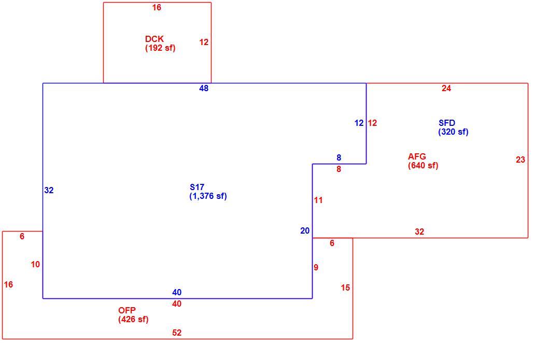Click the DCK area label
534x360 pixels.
[x=154, y=39]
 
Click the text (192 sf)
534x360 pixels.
[x=160, y=48]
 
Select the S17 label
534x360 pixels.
[x=197, y=187]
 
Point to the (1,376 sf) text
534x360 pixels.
[x=208, y=196]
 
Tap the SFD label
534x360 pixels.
[x=447, y=123]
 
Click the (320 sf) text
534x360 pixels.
[x=453, y=132]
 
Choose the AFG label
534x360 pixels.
[x=417, y=156]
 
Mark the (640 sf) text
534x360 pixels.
[x=423, y=165]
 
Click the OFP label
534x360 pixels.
[x=127, y=310]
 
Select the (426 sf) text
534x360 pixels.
[x=134, y=319]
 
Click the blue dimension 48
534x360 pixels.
[x=204, y=89]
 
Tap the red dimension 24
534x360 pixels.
[x=446, y=89]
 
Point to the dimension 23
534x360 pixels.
[x=521, y=160]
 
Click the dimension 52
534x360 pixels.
[x=177, y=333]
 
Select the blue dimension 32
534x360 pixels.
[x=49, y=191]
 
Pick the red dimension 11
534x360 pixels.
[x=318, y=200]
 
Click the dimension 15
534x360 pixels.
[x=345, y=288]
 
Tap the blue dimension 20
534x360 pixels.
[x=305, y=231]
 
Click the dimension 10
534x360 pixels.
[x=35, y=264]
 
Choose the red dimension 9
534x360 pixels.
[x=316, y=267]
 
